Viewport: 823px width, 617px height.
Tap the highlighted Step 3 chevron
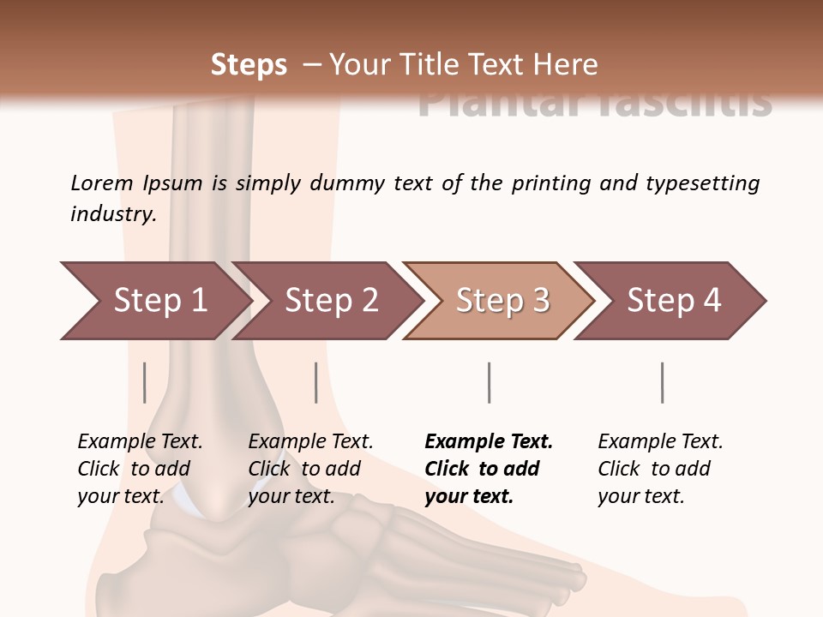(x=502, y=301)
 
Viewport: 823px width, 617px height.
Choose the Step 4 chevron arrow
(x=673, y=301)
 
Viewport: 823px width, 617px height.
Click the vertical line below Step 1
(x=144, y=382)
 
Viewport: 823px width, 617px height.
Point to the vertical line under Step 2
(x=316, y=382)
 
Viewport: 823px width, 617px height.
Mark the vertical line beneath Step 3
(x=489, y=382)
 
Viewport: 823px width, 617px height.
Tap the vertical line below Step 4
(x=662, y=382)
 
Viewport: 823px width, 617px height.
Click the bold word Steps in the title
(x=249, y=65)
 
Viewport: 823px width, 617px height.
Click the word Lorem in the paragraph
(x=102, y=183)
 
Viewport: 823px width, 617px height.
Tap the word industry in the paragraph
(x=113, y=214)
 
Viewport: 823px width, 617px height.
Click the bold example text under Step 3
(x=488, y=468)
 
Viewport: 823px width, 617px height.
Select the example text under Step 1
(x=140, y=468)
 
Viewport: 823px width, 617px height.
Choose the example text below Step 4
(x=660, y=468)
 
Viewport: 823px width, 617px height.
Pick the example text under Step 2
(x=310, y=468)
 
